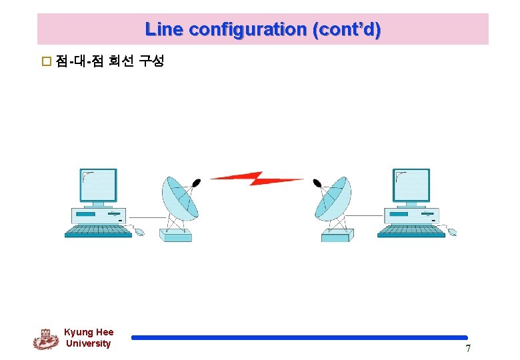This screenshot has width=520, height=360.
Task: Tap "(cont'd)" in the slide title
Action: pos(347,29)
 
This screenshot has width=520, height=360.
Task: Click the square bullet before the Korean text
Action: pos(47,63)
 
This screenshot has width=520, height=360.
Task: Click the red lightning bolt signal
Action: pos(256,178)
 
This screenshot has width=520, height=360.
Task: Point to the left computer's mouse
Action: pos(139,232)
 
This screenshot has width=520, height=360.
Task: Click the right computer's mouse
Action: pos(452,232)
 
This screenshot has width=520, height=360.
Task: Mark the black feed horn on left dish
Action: pos(196,182)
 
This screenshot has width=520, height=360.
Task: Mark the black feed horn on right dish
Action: pos(317,182)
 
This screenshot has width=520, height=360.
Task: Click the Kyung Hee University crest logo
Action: pos(46,339)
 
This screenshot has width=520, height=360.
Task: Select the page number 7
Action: pos(468,349)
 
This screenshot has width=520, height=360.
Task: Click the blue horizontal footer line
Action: pos(299,337)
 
